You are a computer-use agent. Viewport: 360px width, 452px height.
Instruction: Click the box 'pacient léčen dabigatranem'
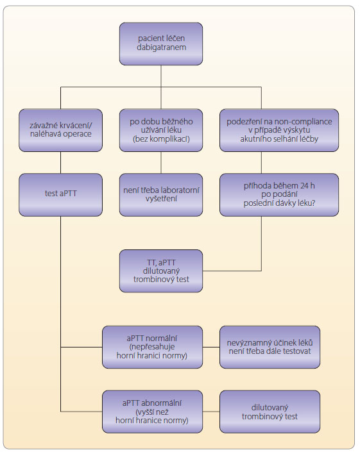161,44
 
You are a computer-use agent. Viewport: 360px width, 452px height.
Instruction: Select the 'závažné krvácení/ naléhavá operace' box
60,130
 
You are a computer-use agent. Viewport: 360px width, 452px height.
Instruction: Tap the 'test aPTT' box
60,194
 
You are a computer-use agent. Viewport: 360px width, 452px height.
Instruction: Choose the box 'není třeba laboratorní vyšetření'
161,194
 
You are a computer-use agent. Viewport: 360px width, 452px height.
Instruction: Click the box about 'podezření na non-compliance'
279,130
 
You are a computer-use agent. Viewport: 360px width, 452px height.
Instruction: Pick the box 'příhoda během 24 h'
279,194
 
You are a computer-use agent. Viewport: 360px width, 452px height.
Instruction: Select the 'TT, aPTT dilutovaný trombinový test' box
161,271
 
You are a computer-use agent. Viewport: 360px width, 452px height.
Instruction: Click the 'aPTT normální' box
152,347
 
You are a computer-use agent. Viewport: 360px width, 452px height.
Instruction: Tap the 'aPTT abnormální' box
152,412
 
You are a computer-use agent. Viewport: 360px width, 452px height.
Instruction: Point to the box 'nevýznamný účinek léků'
270,347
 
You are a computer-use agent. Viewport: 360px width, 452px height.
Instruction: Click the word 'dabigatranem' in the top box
161,47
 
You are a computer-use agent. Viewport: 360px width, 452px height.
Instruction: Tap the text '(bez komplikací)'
161,139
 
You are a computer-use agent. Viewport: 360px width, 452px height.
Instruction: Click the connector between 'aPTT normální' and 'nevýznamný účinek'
211,347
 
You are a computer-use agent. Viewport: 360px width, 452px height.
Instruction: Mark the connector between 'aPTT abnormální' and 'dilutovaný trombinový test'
211,412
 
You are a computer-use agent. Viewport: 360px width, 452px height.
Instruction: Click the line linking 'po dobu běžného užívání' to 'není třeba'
161,163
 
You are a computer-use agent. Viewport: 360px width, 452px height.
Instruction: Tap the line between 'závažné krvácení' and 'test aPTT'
60,163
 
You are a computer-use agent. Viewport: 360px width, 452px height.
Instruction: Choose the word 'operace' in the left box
78,135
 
